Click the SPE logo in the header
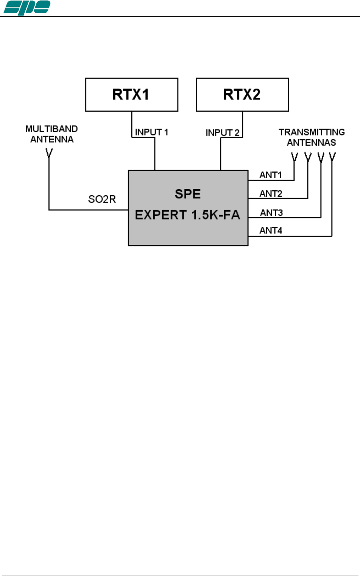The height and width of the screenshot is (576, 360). point(26,8)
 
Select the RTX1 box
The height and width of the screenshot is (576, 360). point(131,95)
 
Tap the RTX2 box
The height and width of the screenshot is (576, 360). point(242,95)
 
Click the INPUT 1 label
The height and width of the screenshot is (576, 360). point(151,132)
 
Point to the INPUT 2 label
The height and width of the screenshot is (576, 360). point(223,132)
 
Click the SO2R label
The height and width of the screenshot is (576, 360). point(102,199)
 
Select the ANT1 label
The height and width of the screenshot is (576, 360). point(271,175)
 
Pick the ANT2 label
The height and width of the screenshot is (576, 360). point(271,193)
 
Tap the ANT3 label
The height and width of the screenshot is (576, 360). point(271,213)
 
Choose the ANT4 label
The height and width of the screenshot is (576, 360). point(271,230)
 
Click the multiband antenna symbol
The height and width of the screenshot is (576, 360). point(49,153)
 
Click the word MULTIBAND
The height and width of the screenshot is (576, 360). point(51,129)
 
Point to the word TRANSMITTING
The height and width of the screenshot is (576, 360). point(312,132)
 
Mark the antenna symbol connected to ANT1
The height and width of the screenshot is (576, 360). point(294,157)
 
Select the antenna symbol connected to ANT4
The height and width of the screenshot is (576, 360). point(332,157)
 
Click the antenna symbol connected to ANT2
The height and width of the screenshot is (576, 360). point(308,157)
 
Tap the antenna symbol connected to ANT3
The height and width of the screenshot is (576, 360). point(321,157)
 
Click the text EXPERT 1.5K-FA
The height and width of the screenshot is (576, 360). point(187,215)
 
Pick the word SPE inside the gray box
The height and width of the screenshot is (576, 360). point(188,194)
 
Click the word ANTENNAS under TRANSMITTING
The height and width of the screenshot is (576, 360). point(311,143)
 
